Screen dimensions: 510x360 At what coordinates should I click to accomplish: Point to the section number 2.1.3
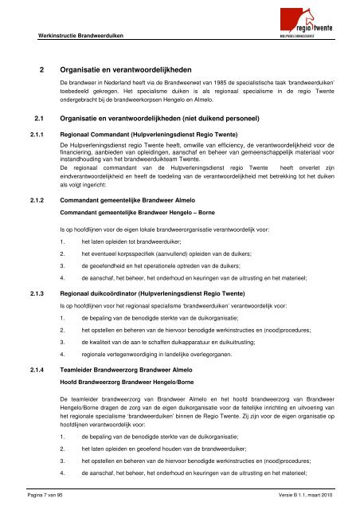tap(37, 294)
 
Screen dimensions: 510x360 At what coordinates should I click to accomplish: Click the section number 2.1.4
tap(37, 371)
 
